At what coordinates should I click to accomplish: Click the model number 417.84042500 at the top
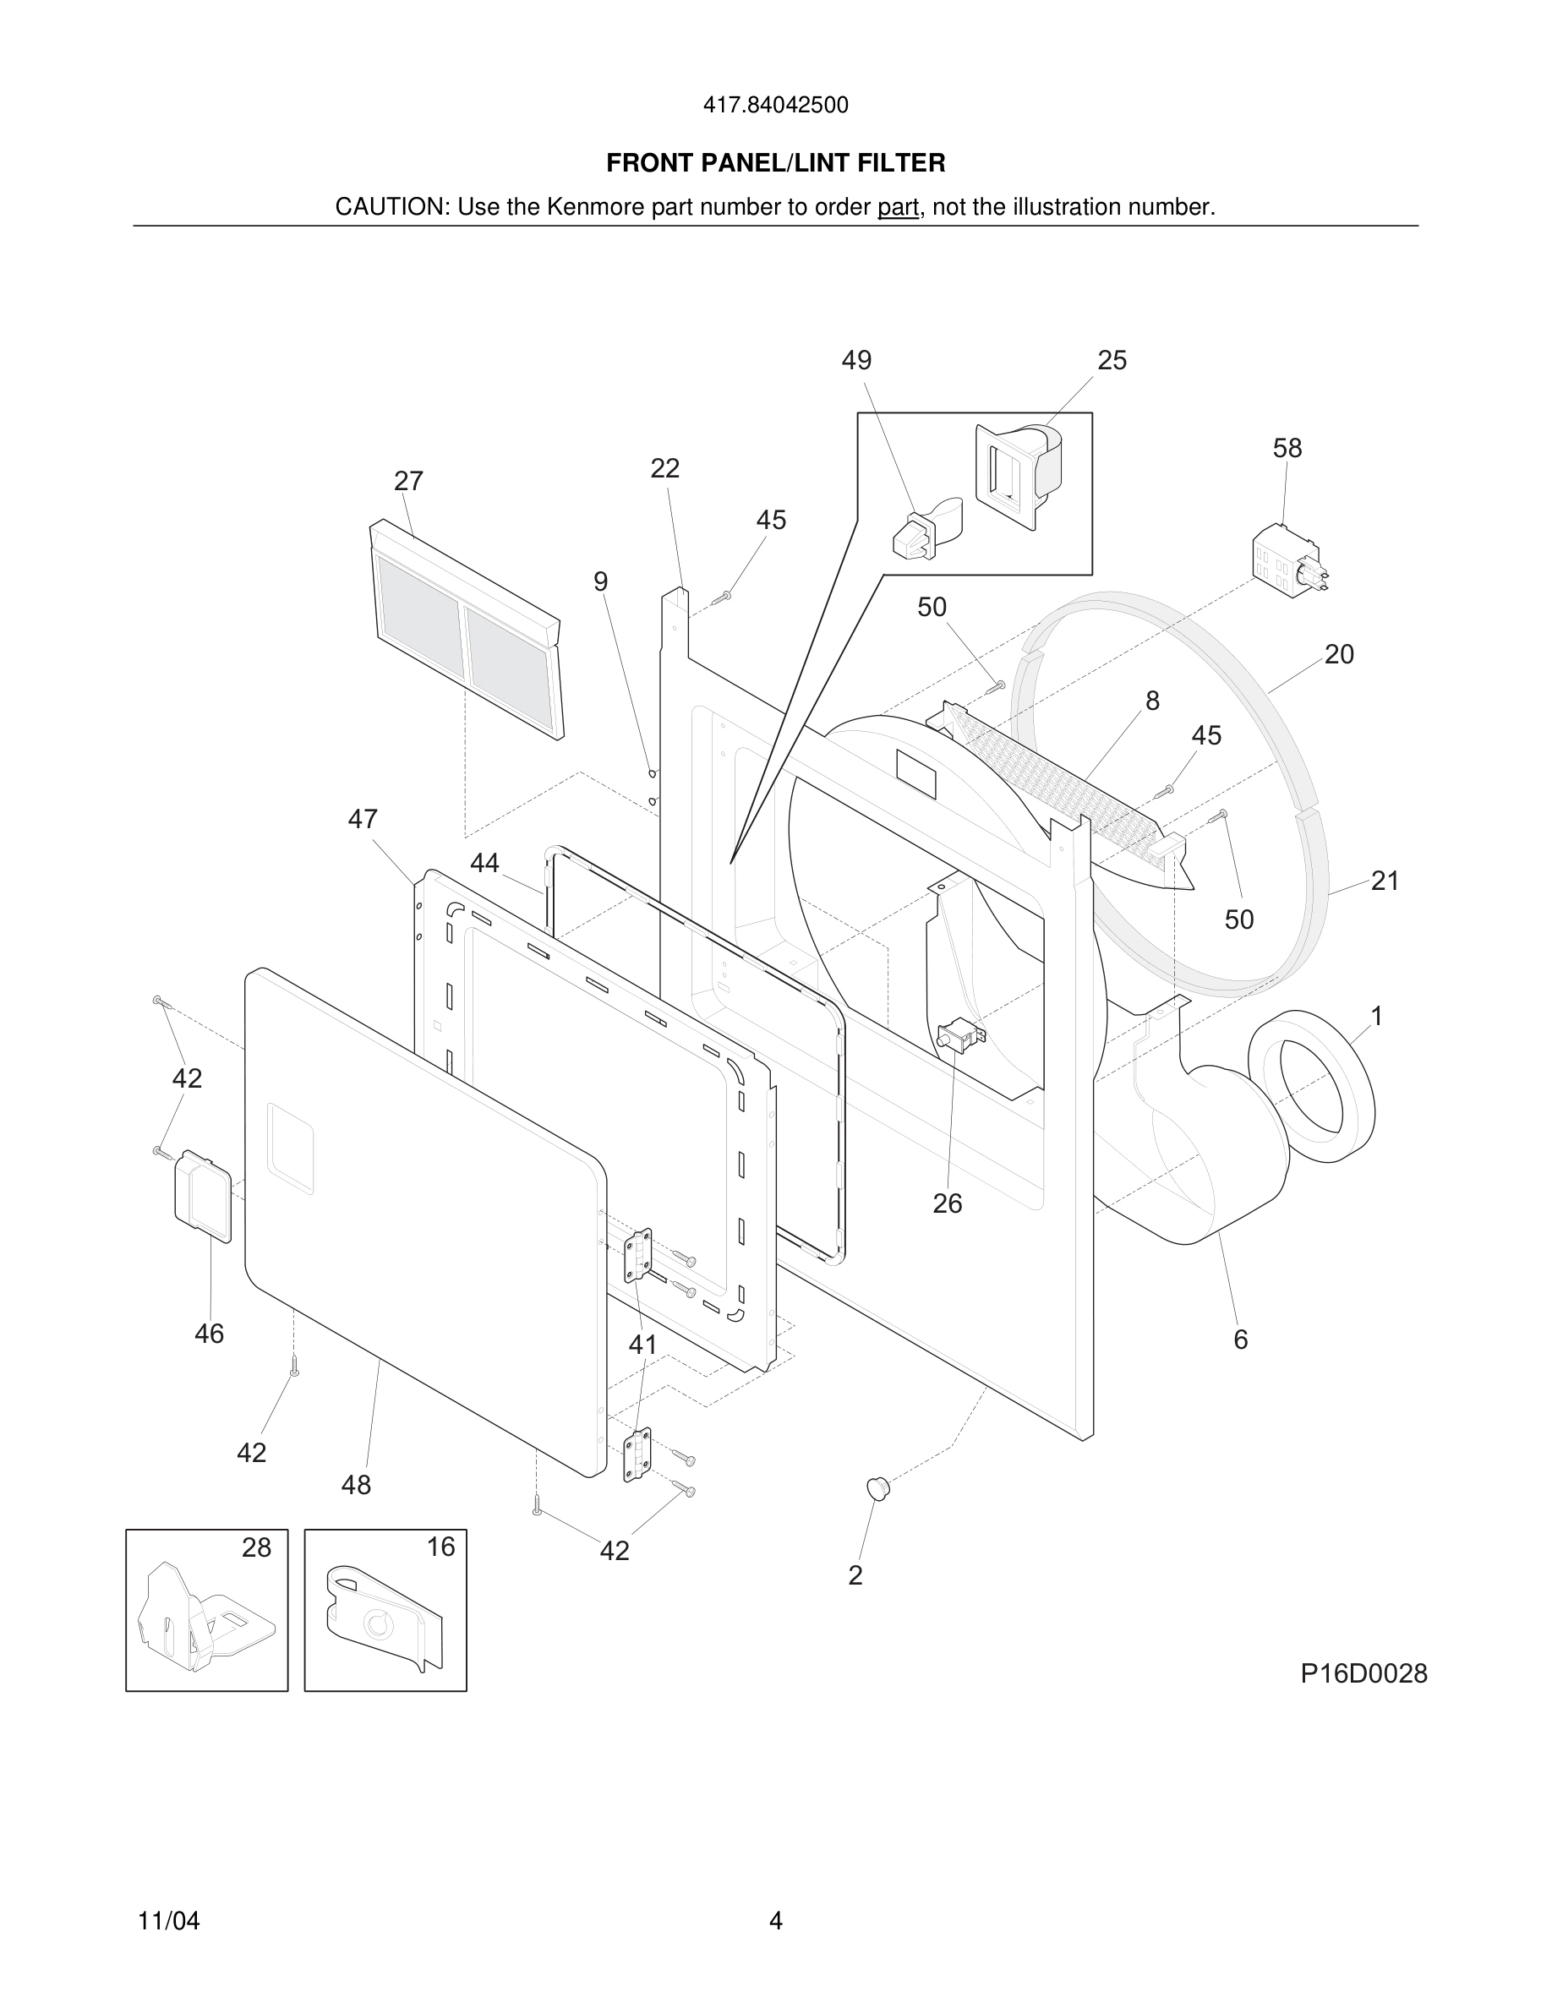click(x=775, y=105)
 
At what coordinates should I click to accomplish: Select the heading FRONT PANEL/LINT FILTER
click(x=775, y=163)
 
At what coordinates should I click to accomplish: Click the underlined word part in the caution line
click(x=898, y=207)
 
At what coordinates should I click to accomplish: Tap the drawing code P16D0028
click(x=1363, y=1673)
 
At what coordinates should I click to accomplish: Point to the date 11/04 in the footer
click(x=168, y=1921)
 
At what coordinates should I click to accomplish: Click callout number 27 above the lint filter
click(x=408, y=481)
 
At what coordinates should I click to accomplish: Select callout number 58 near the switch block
click(x=1287, y=448)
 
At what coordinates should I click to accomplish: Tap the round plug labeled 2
click(x=878, y=1487)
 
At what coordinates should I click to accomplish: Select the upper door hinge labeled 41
click(x=638, y=1255)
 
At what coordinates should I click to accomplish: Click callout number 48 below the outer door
click(x=356, y=1485)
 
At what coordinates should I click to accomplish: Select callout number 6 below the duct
click(x=1240, y=1340)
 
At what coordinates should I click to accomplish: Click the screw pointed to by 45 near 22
click(x=723, y=597)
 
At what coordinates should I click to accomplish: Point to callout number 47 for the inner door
click(x=363, y=818)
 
